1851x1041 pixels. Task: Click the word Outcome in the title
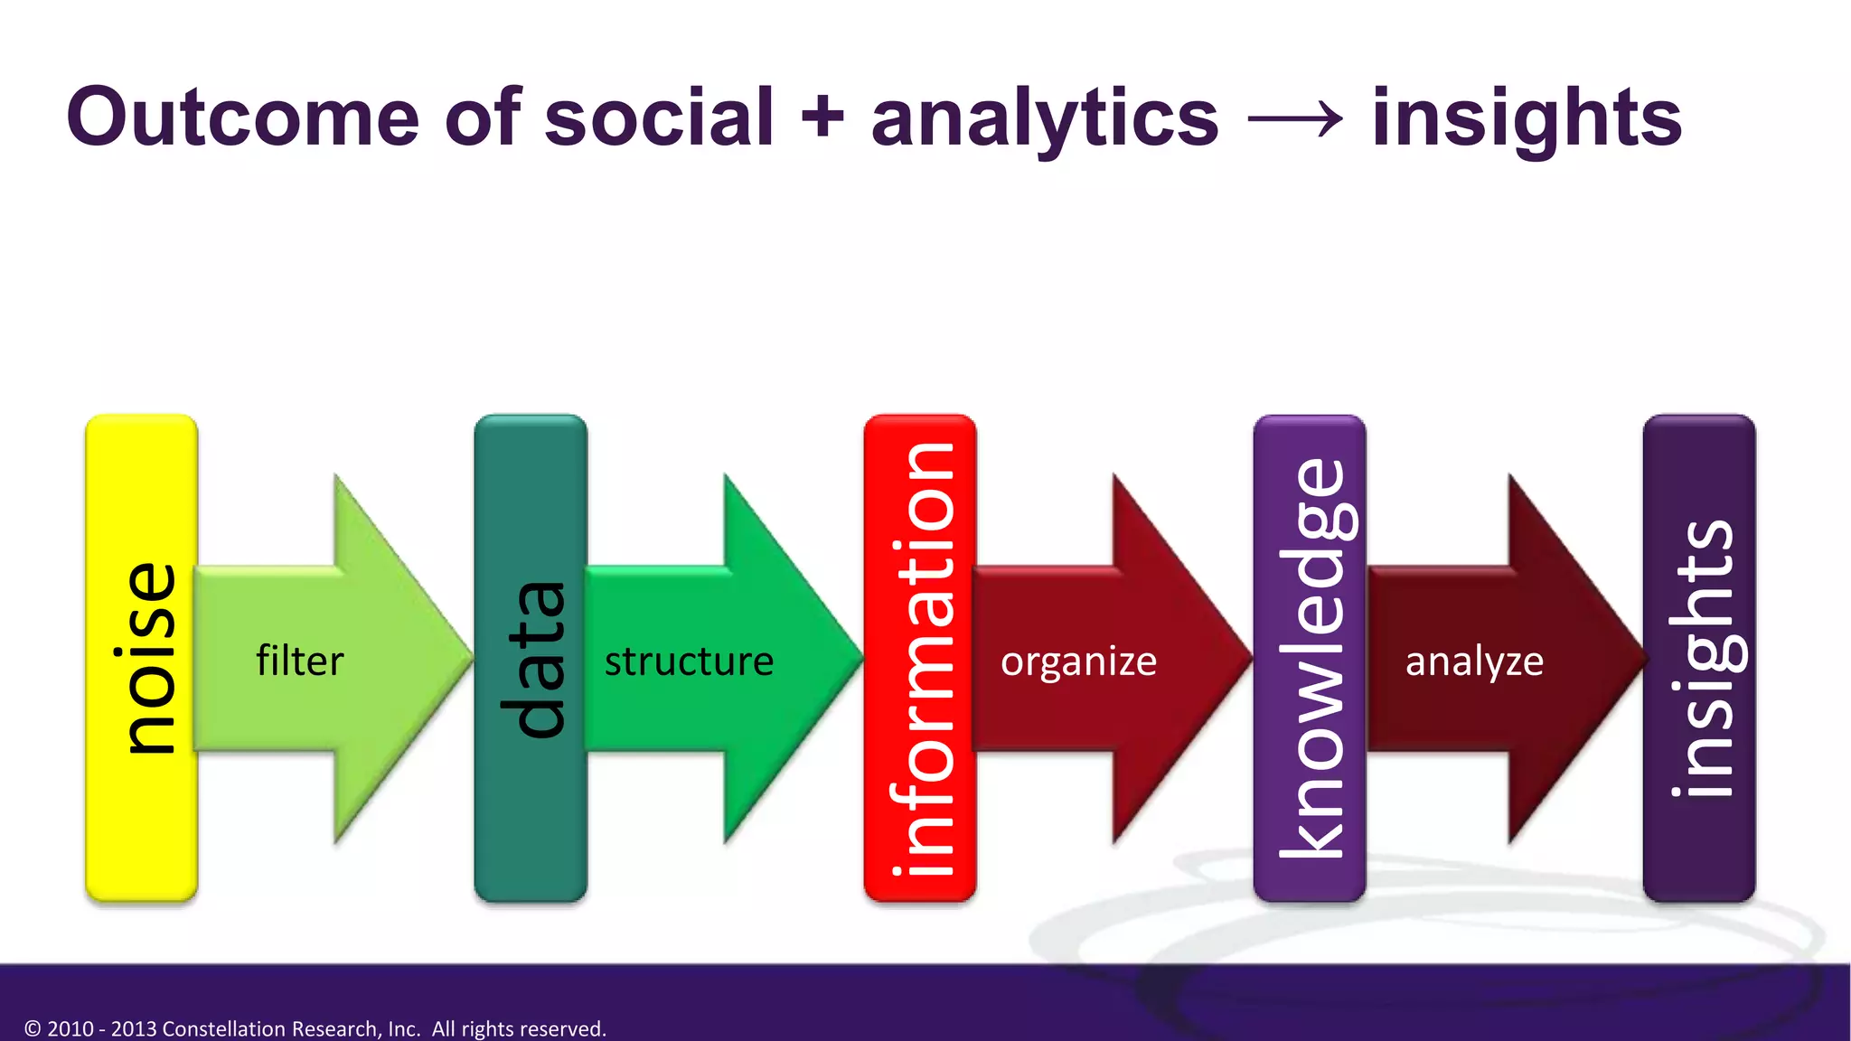(242, 117)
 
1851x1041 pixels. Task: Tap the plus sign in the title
(822, 117)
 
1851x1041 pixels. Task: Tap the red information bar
(920, 658)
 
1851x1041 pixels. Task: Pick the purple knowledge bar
(1310, 658)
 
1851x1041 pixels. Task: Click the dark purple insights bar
(1699, 658)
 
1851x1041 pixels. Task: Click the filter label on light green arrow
(300, 661)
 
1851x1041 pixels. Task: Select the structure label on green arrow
(689, 661)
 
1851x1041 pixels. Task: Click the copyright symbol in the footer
(33, 1028)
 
